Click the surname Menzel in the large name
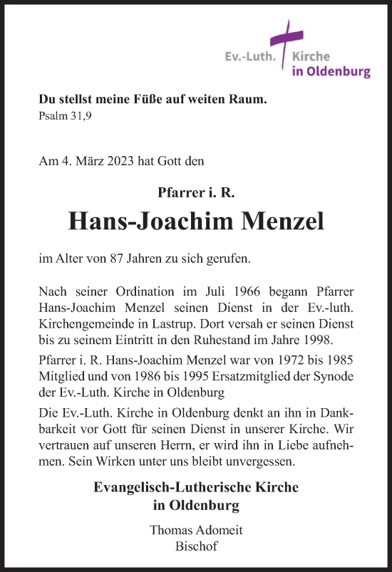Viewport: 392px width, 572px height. [284, 222]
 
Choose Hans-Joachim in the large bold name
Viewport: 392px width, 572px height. [150, 222]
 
